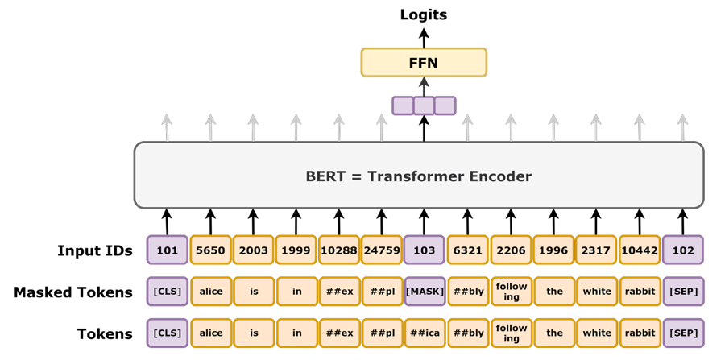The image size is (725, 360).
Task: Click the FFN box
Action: point(424,62)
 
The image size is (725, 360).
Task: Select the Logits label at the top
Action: point(424,14)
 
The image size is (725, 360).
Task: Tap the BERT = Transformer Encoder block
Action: point(419,175)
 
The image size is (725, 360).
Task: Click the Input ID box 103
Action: point(425,250)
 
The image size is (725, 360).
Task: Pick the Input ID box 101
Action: point(168,250)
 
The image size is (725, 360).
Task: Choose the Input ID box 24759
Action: point(382,250)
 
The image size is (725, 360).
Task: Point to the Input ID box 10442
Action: point(640,250)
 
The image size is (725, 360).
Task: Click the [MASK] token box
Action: point(425,292)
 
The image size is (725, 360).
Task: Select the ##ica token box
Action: point(425,333)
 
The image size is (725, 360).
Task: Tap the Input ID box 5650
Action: point(210,250)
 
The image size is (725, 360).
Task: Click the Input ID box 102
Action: point(683,250)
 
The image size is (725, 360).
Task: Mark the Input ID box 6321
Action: point(467,250)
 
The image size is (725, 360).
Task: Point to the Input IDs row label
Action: point(95,250)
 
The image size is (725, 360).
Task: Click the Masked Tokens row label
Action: point(73,292)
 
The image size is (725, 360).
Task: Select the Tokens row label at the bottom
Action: point(105,333)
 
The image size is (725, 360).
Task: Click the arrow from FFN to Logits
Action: point(424,36)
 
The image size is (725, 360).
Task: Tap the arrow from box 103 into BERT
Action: point(424,221)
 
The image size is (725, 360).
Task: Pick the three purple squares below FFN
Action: point(424,106)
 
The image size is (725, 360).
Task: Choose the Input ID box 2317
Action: point(596,250)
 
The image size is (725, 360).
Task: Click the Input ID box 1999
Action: point(296,250)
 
